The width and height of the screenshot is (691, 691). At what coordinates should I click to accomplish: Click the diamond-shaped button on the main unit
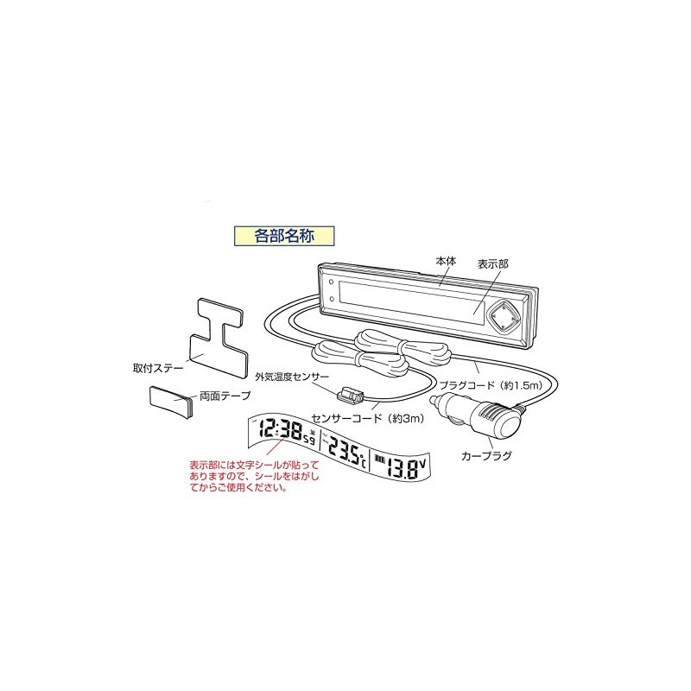pos(502,317)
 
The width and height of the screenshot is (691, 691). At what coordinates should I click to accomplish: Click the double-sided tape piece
pos(171,403)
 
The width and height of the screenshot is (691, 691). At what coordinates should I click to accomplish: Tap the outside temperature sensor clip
pos(352,399)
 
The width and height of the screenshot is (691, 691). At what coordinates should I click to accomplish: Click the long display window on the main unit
pos(406,298)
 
